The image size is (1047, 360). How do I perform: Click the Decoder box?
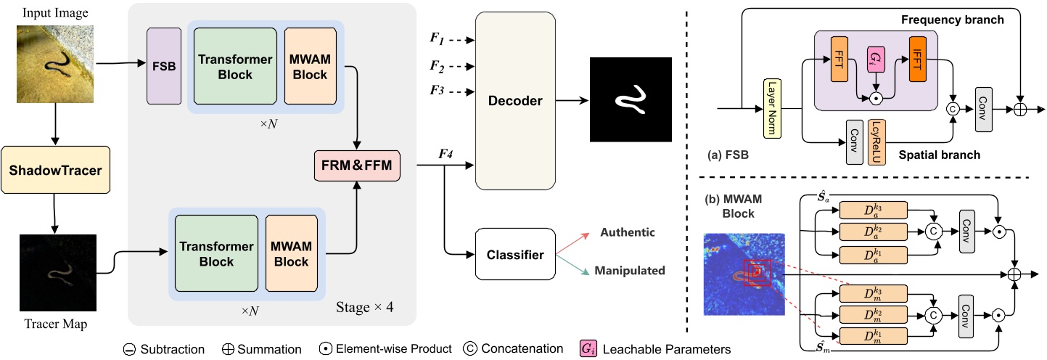(x=515, y=101)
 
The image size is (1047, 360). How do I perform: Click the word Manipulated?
(x=629, y=271)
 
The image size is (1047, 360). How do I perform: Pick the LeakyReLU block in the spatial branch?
(x=875, y=142)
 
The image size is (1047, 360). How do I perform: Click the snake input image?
(x=55, y=63)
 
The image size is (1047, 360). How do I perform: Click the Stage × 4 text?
(x=365, y=306)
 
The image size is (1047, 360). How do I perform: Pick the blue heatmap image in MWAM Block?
(x=744, y=274)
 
